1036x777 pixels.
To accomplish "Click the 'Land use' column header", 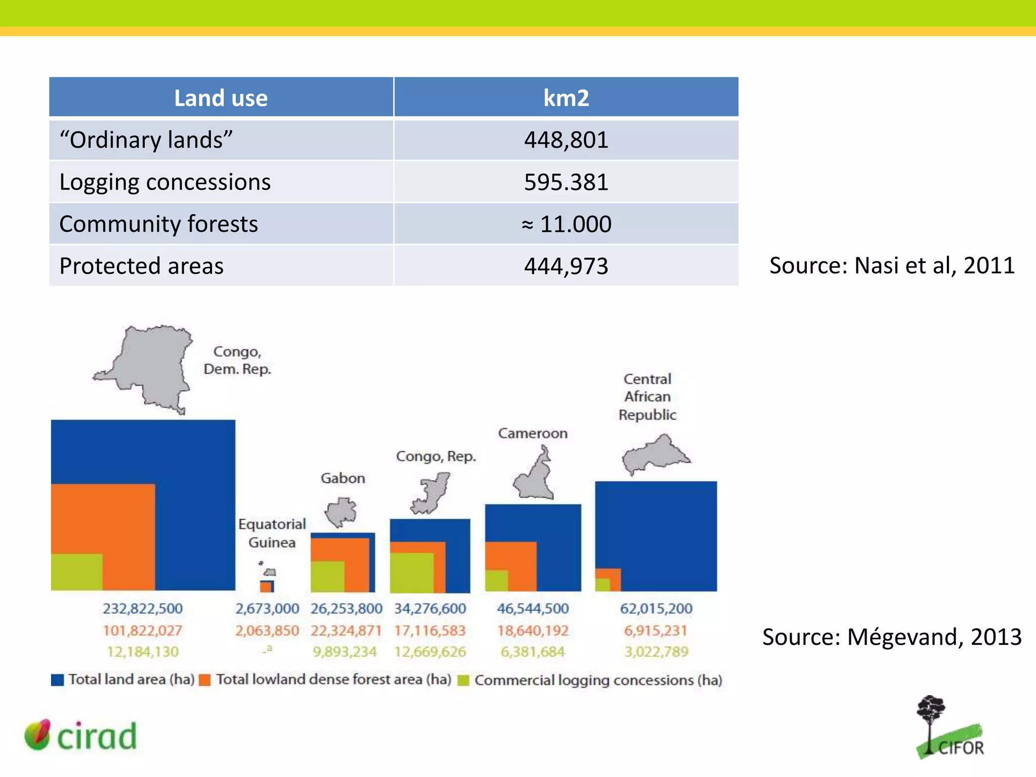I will tap(221, 98).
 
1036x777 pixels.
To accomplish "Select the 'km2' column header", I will tap(566, 98).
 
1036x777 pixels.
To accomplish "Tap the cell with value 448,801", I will tap(566, 140).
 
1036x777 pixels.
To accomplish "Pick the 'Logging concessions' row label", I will tap(165, 182).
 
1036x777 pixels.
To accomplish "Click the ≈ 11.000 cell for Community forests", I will tap(566, 224).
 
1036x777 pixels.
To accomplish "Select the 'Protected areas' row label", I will tap(142, 266).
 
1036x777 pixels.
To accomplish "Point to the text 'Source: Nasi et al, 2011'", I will tap(892, 266).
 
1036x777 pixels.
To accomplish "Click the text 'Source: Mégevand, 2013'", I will tap(892, 637).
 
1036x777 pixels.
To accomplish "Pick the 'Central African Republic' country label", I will tap(647, 397).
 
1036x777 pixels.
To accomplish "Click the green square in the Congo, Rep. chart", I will tap(411, 573).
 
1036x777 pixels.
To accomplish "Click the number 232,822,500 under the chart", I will tap(143, 609).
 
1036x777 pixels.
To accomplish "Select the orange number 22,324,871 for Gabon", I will tap(346, 631).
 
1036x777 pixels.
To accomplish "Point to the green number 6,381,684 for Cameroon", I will tap(532, 652).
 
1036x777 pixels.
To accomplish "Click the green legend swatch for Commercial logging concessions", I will tap(463, 680).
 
